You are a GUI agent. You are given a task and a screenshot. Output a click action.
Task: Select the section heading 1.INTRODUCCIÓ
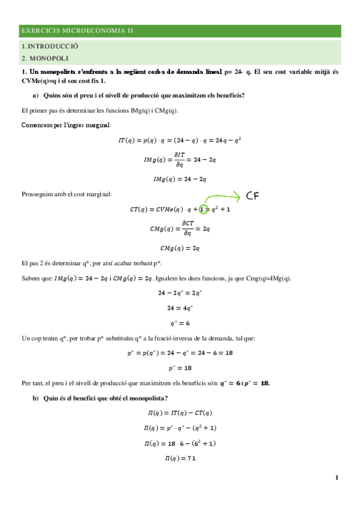pos(50,46)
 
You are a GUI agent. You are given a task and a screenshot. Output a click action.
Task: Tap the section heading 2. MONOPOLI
pos(46,58)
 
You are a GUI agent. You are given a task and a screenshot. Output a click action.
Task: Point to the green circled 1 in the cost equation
pos(203,209)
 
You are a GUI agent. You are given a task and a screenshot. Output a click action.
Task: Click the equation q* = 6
pos(179,322)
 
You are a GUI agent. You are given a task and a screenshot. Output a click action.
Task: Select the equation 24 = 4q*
pos(179,308)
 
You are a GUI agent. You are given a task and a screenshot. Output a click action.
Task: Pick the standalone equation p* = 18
pos(179,367)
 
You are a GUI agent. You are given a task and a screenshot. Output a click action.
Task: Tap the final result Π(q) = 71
pos(179,459)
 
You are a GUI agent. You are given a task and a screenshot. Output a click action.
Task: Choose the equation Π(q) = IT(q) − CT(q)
pos(179,413)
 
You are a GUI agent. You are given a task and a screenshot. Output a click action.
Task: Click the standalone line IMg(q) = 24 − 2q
pos(179,179)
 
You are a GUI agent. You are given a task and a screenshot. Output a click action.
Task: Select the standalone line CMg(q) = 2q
pos(179,248)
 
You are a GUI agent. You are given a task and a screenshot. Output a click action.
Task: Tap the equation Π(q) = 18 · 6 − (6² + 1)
pos(179,443)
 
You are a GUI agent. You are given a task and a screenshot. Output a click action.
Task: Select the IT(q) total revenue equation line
pos(179,140)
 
